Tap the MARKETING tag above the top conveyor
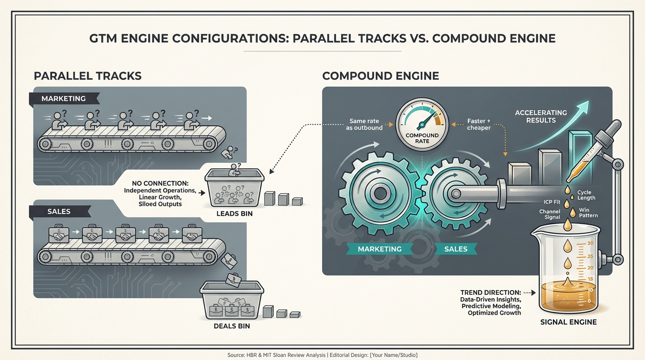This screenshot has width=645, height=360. (x=64, y=99)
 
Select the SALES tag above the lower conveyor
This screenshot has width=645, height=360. (x=59, y=211)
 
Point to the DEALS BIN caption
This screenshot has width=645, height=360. (x=231, y=326)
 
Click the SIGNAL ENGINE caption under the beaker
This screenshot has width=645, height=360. (x=569, y=322)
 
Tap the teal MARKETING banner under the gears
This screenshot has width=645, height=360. (x=380, y=249)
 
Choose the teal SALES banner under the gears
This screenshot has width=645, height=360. (x=456, y=249)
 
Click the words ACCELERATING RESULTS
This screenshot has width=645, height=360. (x=541, y=116)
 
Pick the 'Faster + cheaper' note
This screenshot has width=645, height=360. (x=478, y=125)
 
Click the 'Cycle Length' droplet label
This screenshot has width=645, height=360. (x=586, y=195)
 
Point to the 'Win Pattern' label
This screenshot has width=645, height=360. (x=588, y=213)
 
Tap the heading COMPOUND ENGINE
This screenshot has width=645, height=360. (x=381, y=75)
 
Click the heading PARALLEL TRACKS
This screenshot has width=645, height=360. (x=88, y=75)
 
